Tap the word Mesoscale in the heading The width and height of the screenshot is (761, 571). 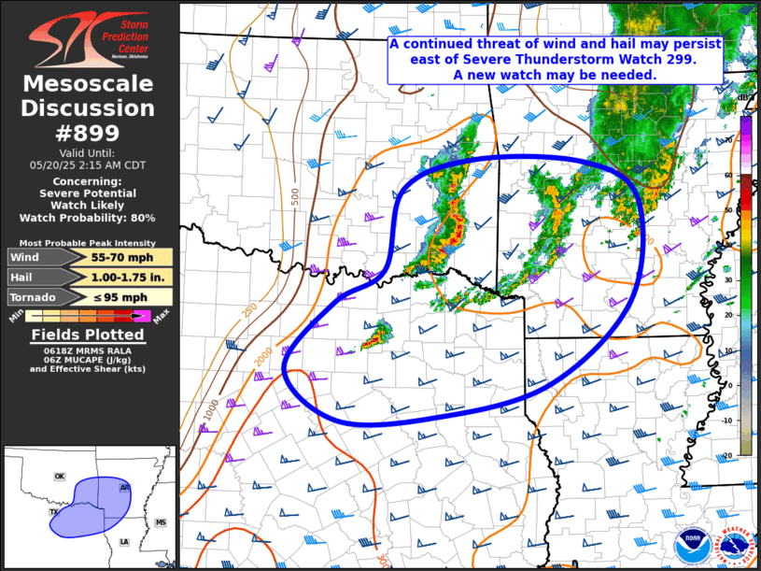[x=89, y=84]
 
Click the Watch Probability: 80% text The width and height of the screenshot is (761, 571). [x=88, y=218]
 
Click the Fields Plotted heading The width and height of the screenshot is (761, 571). [x=88, y=335]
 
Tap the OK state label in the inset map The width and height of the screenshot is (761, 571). [x=59, y=477]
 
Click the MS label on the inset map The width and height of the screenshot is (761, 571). [x=160, y=522]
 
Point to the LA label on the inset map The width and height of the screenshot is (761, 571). [x=123, y=541]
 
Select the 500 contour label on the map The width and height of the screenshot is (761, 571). [x=295, y=196]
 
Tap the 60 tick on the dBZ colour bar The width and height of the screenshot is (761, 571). [x=728, y=175]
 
